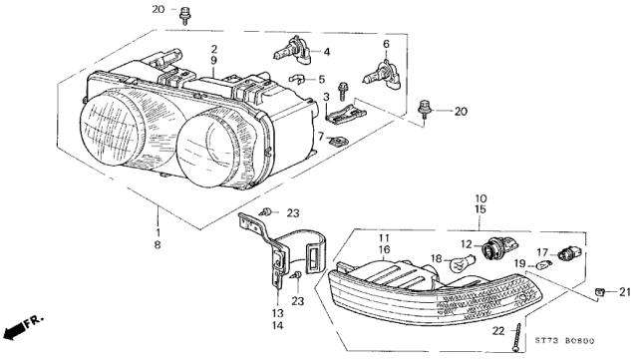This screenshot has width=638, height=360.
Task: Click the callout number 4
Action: pyautogui.click(x=327, y=51)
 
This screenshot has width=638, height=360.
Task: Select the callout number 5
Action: pyautogui.click(x=322, y=79)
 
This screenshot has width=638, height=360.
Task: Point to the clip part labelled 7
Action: pyautogui.click(x=340, y=141)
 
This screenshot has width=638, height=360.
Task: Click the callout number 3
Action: pyautogui.click(x=325, y=96)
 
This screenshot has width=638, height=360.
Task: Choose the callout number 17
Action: pyautogui.click(x=544, y=251)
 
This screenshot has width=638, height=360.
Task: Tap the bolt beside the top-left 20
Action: pyautogui.click(x=186, y=16)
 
